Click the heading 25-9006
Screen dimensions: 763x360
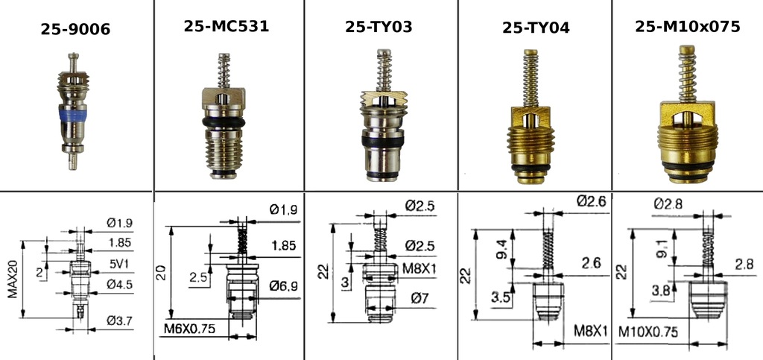click(75, 30)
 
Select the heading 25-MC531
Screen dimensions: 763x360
click(226, 26)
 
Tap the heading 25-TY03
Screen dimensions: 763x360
click(379, 27)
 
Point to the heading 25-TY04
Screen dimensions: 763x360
click(536, 28)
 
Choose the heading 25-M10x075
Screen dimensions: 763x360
click(687, 26)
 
